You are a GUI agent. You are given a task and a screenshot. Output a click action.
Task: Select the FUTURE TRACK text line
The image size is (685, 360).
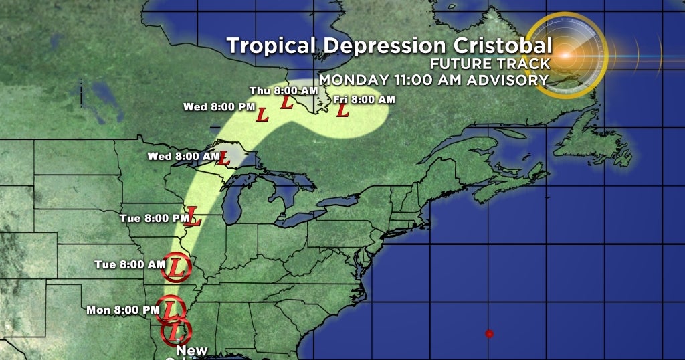[x=490, y=64]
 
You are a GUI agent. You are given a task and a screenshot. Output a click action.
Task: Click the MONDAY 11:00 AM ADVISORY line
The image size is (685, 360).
[x=433, y=80]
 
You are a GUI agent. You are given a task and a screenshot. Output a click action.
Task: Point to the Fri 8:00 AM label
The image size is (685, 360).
[x=365, y=100]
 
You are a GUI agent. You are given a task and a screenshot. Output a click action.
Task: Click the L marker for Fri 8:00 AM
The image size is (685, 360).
[x=343, y=110]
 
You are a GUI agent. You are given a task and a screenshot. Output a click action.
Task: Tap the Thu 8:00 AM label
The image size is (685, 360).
[x=274, y=90]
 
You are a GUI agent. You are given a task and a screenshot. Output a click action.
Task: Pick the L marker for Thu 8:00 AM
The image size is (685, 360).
[x=286, y=103]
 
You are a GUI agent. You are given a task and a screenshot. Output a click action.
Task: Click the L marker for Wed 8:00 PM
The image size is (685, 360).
[x=262, y=115]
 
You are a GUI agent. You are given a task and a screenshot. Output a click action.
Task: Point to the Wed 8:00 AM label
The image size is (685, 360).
[x=184, y=156]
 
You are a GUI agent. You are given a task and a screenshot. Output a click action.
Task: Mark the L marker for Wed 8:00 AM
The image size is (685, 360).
[x=224, y=159]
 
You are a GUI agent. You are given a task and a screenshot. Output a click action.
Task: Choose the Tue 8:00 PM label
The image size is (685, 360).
[x=154, y=218]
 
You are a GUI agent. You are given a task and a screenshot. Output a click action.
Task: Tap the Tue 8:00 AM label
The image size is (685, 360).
[x=129, y=264]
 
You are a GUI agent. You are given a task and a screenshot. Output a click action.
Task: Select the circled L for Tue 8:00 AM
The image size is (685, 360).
[x=176, y=267]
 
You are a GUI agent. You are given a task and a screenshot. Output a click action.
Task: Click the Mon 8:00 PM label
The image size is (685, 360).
[x=123, y=310]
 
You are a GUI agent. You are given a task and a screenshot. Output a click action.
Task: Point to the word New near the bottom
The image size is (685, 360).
[x=192, y=351]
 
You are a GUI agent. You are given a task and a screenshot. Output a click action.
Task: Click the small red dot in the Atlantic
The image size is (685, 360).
[x=489, y=333]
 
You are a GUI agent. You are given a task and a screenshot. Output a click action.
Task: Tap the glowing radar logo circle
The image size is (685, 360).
[x=566, y=56]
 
